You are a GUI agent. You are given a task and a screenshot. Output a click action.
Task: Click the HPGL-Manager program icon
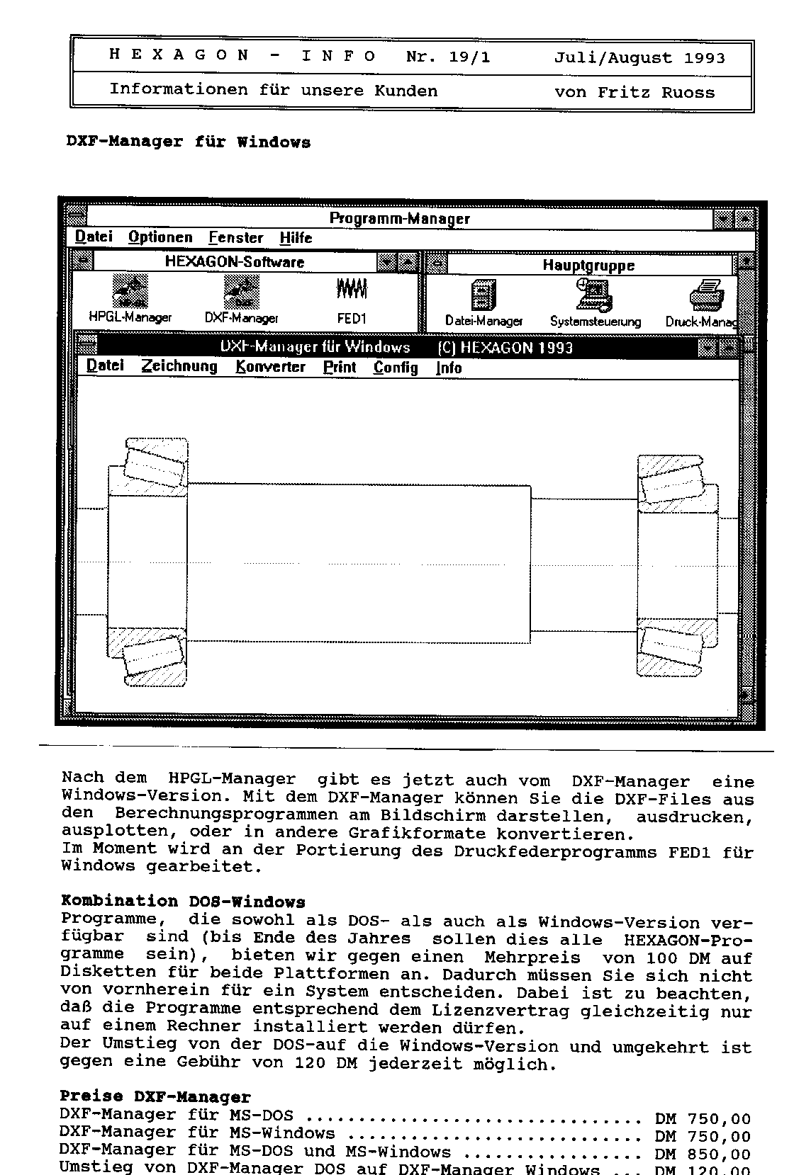[x=130, y=292]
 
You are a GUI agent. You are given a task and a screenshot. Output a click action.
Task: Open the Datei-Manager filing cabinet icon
[x=483, y=294]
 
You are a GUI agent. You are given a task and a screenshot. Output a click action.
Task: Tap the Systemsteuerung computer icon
[x=594, y=294]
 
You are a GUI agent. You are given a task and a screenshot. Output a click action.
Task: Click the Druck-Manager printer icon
[x=706, y=294]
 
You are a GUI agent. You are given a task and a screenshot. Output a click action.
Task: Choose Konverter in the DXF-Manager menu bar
[x=270, y=367]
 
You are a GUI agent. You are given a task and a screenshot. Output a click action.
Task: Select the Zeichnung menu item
[x=179, y=366]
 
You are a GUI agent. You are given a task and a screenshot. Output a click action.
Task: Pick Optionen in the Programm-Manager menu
[x=160, y=237]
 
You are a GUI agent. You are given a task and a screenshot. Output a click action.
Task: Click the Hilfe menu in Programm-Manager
[x=296, y=238]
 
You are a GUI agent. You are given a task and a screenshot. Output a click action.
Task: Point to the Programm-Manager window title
[x=399, y=219]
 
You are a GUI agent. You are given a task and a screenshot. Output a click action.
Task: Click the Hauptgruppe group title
[x=588, y=266]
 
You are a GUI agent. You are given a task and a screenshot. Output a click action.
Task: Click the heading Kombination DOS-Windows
[x=183, y=902]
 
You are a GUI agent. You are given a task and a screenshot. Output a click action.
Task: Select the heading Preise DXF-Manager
[x=155, y=1097]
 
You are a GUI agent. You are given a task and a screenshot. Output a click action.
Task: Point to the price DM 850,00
[x=703, y=1154]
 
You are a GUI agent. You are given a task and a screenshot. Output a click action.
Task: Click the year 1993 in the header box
[x=704, y=58]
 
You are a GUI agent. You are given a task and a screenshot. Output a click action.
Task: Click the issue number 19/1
[x=469, y=57]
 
